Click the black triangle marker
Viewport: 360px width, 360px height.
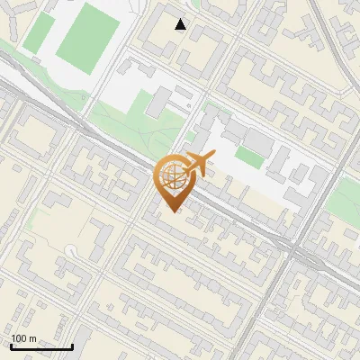(x=181, y=24)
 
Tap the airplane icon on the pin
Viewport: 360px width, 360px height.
(x=197, y=164)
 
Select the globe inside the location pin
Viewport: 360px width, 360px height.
(x=170, y=177)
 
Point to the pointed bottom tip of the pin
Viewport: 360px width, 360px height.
(x=171, y=211)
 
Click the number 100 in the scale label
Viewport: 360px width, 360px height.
(x=19, y=338)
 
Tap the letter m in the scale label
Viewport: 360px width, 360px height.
(x=32, y=338)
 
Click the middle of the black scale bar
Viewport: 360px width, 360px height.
(x=41, y=346)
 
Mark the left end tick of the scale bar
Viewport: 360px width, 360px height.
(x=11, y=346)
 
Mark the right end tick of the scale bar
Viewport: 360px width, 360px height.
(x=72, y=346)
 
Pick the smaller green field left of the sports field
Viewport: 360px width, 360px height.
(x=38, y=31)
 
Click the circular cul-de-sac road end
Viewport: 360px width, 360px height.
(x=73, y=247)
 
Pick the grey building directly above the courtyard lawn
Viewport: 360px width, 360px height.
(x=258, y=142)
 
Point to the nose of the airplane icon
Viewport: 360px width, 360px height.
(x=213, y=158)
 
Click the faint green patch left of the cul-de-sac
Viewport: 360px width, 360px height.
(x=34, y=220)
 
